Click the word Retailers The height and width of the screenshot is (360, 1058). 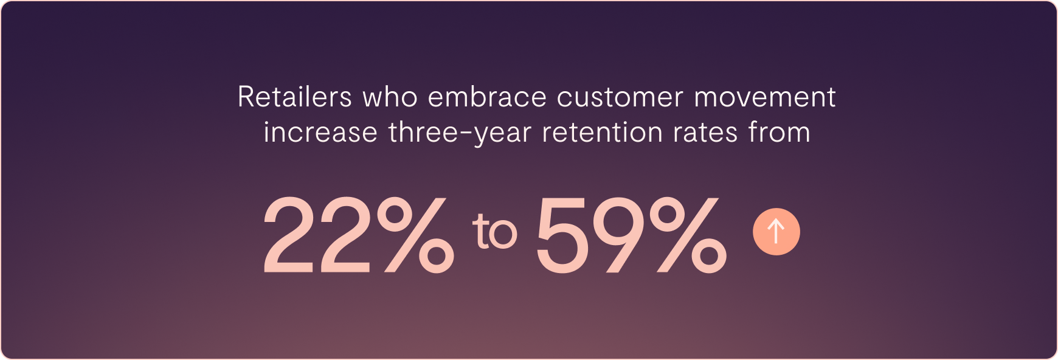point(295,97)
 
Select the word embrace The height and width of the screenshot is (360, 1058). point(487,97)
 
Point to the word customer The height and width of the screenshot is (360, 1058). point(620,97)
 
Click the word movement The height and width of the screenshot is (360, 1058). point(766,97)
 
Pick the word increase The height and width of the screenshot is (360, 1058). point(320,133)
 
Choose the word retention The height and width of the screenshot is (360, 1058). point(602,133)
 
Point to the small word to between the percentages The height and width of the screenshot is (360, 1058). point(494,231)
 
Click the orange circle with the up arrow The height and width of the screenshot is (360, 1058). point(776,232)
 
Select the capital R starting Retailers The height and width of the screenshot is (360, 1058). point(246,97)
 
